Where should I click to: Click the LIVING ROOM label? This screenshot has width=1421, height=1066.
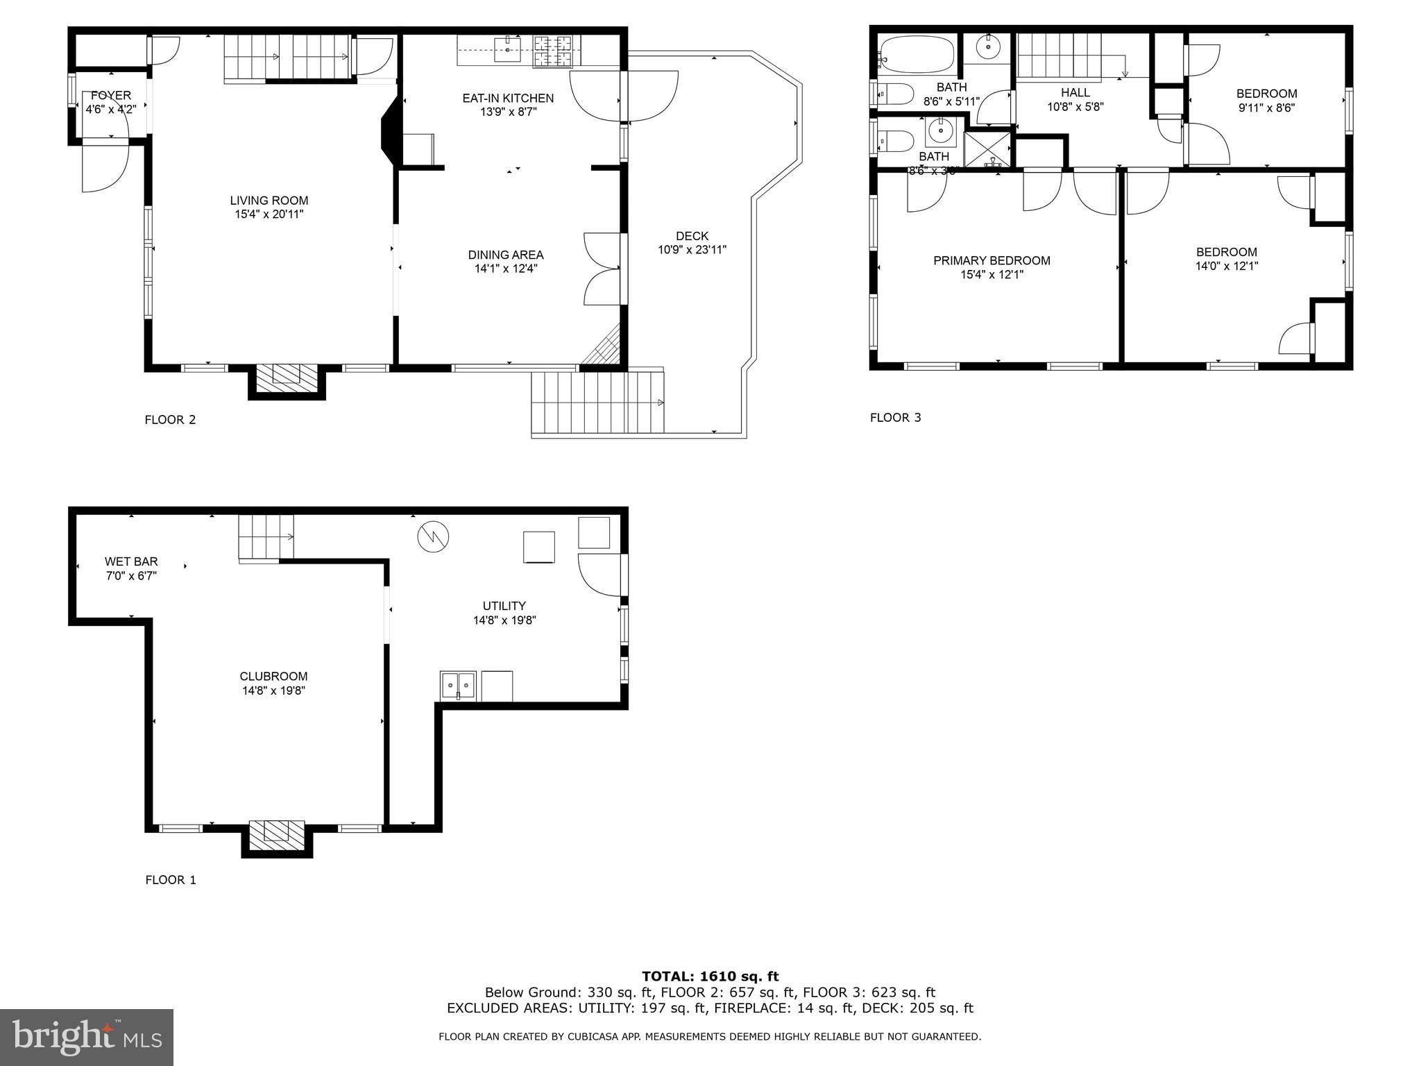click(x=269, y=201)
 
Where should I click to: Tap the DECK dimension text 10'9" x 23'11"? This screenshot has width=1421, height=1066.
click(x=692, y=250)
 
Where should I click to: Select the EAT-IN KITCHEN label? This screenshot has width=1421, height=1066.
click(x=508, y=99)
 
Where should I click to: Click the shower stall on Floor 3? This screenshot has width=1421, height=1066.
click(x=988, y=150)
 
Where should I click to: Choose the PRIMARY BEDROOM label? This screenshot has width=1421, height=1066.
click(x=992, y=261)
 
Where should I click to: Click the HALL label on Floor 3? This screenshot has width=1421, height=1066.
click(x=1075, y=92)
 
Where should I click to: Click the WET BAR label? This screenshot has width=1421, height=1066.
click(x=131, y=561)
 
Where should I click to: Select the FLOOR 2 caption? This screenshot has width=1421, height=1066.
click(x=170, y=419)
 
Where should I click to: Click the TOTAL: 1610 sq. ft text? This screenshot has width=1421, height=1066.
click(x=710, y=976)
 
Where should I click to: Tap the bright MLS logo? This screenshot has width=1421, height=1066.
click(x=87, y=1037)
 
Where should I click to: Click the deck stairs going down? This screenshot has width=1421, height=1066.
click(x=597, y=403)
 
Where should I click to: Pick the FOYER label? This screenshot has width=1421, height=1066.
click(x=110, y=95)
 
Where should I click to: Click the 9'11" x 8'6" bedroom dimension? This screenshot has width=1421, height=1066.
click(x=1266, y=108)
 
